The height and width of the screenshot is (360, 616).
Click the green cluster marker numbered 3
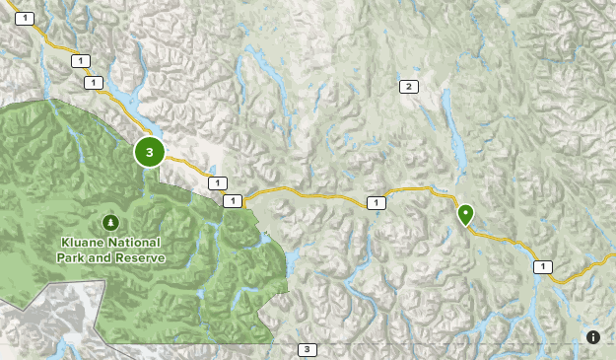click(x=149, y=152)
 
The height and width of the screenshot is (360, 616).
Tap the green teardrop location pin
click(x=464, y=213)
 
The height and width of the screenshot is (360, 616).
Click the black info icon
click(x=593, y=337)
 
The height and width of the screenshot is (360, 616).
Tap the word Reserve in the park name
click(x=142, y=258)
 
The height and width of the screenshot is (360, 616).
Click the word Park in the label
click(x=75, y=258)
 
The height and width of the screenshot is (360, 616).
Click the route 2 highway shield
click(x=407, y=87)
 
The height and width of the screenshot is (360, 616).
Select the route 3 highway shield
click(x=308, y=350)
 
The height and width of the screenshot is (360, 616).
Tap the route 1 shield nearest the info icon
click(x=542, y=266)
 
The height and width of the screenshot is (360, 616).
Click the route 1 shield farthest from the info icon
click(x=24, y=18)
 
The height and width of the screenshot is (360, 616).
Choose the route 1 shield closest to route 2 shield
click(x=375, y=203)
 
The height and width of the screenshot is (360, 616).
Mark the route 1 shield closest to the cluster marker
click(x=217, y=183)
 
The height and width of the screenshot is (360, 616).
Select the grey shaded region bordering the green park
click(x=49, y=316)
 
